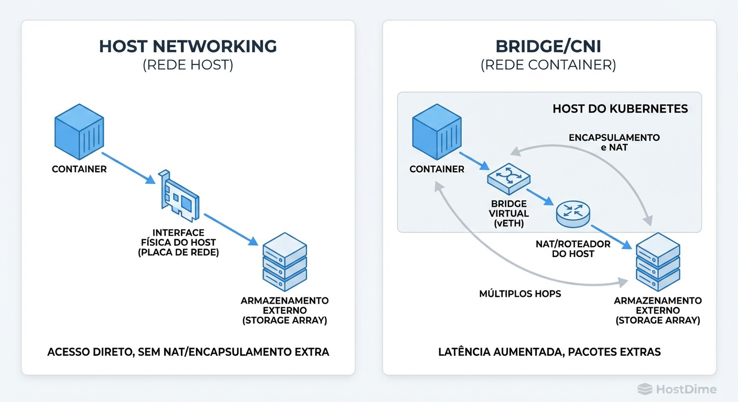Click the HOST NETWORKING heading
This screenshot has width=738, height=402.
pos(188,46)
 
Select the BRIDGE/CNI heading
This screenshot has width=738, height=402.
pos(548,46)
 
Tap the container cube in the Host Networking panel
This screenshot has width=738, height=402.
pos(79,132)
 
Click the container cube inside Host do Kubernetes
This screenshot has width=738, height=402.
pos(437,132)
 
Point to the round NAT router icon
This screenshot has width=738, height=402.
pos(573,214)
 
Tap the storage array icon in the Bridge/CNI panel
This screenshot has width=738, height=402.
pos(658,263)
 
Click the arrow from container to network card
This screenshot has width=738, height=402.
pos(128,168)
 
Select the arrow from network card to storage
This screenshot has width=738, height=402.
pos(231,229)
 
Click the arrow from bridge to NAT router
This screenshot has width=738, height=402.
pos(540,194)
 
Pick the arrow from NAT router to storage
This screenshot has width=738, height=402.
pos(611,237)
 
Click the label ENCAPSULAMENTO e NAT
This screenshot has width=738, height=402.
pos(614,142)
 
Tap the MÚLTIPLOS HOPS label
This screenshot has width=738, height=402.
pos(520,294)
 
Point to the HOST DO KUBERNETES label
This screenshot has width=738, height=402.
pos(620,109)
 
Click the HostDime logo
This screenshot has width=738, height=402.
pos(677,389)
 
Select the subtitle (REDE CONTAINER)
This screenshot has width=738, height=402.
pos(548,65)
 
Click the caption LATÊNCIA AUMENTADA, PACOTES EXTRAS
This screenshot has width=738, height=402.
pos(549,352)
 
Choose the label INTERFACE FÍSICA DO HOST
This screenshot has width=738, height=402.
pos(178,242)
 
